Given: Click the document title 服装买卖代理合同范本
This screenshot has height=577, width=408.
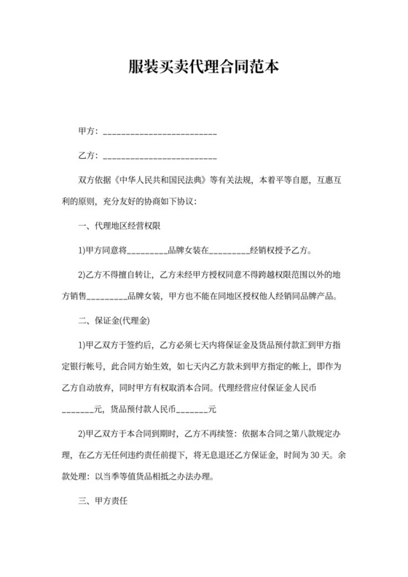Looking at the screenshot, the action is [x=203, y=68].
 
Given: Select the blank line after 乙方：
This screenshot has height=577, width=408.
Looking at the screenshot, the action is [x=160, y=157].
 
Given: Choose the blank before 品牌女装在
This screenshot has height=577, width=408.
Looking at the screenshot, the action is [x=147, y=251].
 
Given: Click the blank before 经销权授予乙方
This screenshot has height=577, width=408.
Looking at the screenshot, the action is [x=229, y=251].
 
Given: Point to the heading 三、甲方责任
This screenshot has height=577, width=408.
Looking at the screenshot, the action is [x=103, y=503].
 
